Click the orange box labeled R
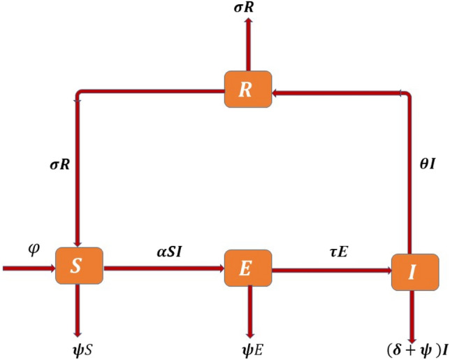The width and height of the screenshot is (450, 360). [x=247, y=89]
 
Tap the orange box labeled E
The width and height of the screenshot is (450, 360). [x=247, y=267]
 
